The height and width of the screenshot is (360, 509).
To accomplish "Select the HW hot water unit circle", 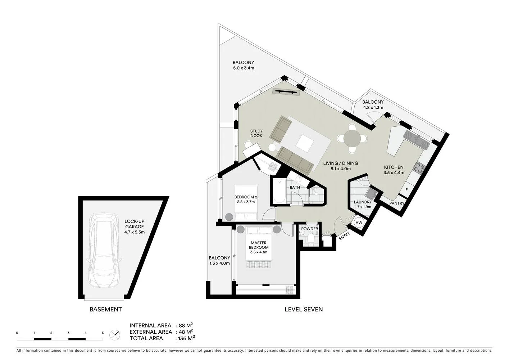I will pyautogui.click(x=359, y=223).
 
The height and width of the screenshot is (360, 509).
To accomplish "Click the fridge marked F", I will pyautogui.click(x=406, y=190).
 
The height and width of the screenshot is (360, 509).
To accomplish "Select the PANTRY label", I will pyautogui.click(x=397, y=203).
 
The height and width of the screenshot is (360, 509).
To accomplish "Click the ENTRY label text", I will pyautogui.click(x=344, y=236).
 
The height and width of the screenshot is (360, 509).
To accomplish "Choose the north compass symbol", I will pyautogui.click(x=115, y=335).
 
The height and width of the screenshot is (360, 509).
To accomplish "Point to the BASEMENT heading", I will pyautogui.click(x=106, y=309).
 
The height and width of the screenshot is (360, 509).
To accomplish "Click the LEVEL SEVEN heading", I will pyautogui.click(x=304, y=309).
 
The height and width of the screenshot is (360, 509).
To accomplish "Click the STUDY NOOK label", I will pyautogui.click(x=256, y=134).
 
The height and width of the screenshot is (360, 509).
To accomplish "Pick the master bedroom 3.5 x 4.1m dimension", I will pyautogui.click(x=259, y=252).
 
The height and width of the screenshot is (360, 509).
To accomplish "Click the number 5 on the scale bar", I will pyautogui.click(x=103, y=333).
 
